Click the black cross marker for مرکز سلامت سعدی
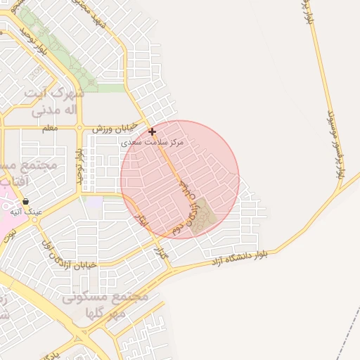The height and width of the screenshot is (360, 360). pyautogui.click(x=152, y=131)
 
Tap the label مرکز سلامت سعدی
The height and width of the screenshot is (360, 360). pyautogui.click(x=152, y=142)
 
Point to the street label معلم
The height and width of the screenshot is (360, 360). pyautogui.click(x=49, y=128)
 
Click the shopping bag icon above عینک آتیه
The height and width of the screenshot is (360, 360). pyautogui.click(x=25, y=202)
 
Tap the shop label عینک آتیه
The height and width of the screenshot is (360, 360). pyautogui.click(x=29, y=210)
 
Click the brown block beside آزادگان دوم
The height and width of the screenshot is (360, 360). pyautogui.click(x=202, y=217)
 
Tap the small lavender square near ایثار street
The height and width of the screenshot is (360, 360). pyautogui.click(x=94, y=202)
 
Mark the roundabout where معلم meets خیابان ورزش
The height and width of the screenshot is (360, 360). pyautogui.click(x=79, y=129)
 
